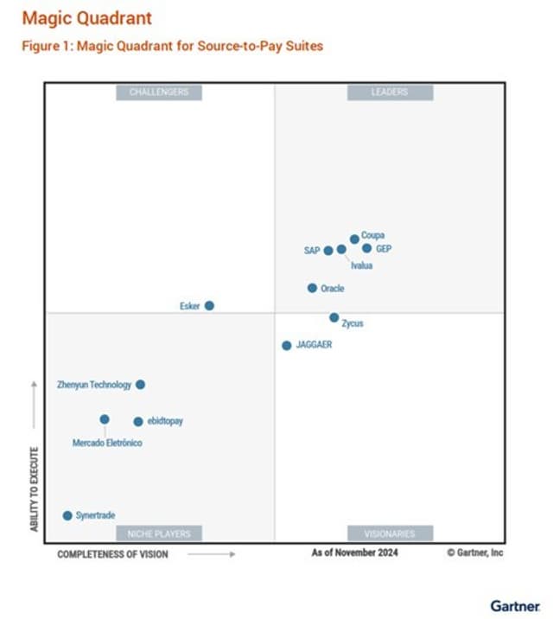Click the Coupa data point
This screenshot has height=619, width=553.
354,239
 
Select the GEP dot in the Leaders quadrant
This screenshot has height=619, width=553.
366,248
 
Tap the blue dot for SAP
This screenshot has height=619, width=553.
328,251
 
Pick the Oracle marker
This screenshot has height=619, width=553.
312,288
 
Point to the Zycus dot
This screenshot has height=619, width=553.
334,317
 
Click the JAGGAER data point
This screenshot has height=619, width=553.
286,345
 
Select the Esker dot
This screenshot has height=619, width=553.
209,305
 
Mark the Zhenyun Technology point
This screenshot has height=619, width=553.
140,385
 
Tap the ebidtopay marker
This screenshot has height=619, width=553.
137,422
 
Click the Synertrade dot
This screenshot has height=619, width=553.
67,515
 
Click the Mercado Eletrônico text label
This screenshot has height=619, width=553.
107,444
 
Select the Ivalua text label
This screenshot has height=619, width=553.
361,265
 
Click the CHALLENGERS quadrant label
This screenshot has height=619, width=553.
159,92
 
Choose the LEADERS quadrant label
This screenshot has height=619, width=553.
390,92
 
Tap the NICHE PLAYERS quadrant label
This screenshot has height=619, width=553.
159,533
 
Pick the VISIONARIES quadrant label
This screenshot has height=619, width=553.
390,533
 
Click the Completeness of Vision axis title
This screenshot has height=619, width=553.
112,553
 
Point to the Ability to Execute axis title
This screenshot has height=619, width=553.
35,488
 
